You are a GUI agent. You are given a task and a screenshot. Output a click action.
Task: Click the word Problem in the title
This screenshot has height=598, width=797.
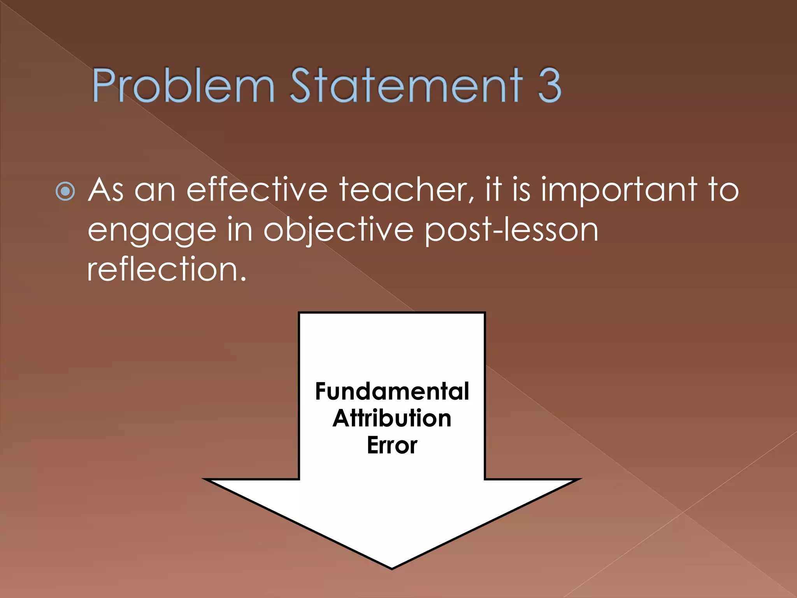[x=183, y=85]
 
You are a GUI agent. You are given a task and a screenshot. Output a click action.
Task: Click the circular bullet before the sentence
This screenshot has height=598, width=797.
[x=65, y=191]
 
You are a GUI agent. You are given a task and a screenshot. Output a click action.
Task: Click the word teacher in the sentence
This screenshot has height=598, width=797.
[x=407, y=190]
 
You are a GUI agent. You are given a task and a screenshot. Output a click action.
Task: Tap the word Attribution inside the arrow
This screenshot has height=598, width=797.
[x=392, y=418]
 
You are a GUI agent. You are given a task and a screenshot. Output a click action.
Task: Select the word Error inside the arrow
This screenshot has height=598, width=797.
[x=392, y=445]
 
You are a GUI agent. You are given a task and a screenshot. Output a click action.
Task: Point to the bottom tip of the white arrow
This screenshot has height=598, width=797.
[x=392, y=568]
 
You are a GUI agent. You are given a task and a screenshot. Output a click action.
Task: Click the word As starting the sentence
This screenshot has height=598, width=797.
[x=106, y=190]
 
